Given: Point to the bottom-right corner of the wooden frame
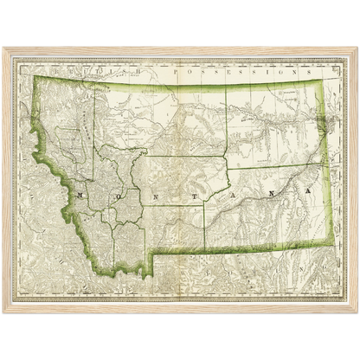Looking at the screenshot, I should click(x=357, y=313).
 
